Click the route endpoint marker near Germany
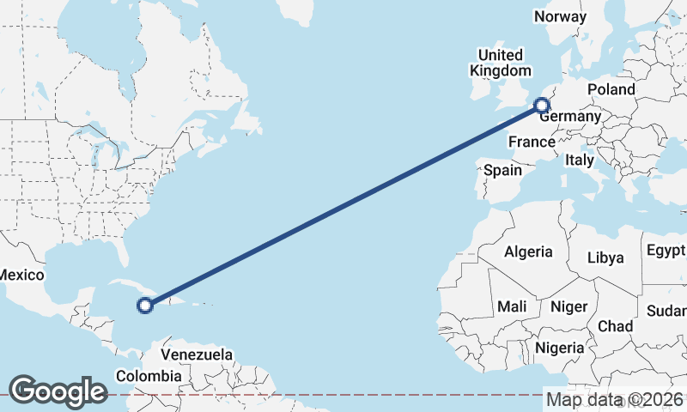coord(541,106)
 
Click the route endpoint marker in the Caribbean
coord(145,304)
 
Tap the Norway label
coord(560,16)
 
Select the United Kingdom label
coord(500,63)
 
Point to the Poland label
coord(611,89)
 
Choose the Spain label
coord(502,170)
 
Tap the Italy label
coord(580,160)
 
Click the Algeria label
coord(528,252)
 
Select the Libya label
coord(605,257)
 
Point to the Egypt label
coord(666,251)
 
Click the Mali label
coord(512,306)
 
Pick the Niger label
coord(568,306)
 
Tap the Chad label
coord(615,326)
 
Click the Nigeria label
coord(559,348)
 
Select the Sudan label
coord(669,310)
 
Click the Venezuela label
coord(197,354)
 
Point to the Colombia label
coord(149,376)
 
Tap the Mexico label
coord(21,275)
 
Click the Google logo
coord(58,391)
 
